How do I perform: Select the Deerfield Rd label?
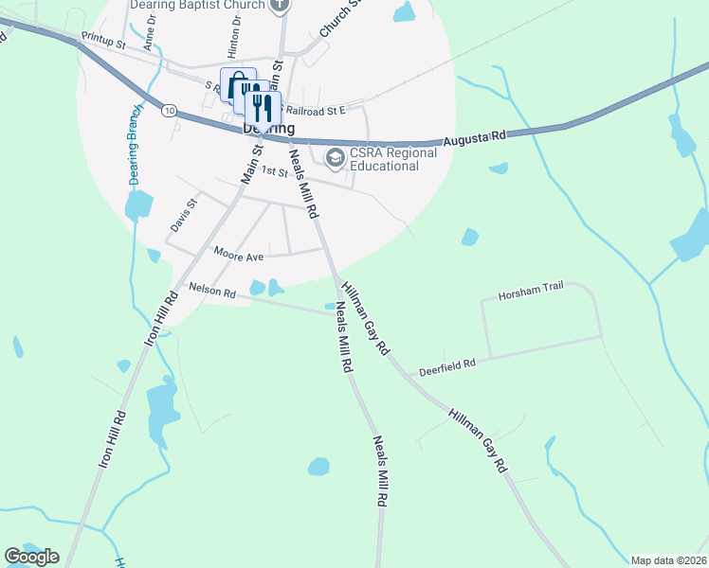[446, 363]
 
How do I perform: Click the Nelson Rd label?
[211, 292]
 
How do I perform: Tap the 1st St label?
[274, 172]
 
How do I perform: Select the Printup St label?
[103, 43]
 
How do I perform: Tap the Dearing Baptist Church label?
[199, 5]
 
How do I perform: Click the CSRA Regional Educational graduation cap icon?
[335, 156]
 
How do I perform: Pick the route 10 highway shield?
[169, 111]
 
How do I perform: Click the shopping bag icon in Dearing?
[235, 82]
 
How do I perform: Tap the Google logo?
[31, 557]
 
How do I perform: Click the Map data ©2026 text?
[668, 560]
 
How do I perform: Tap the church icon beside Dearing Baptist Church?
[279, 5]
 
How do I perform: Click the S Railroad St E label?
[319, 110]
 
